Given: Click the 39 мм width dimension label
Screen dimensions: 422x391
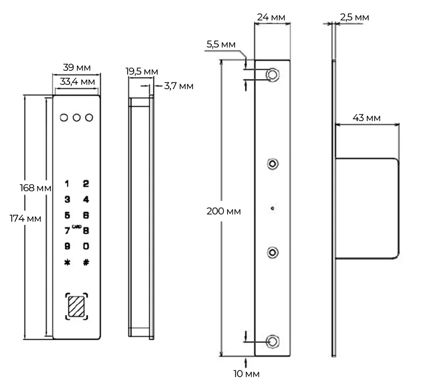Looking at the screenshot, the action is pos(76,67).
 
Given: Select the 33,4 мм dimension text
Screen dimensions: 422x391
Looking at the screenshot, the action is pos(77,81).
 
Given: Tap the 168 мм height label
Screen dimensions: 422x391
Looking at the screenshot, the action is pos(35,188).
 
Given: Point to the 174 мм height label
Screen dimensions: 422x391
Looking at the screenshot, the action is pos(26,219).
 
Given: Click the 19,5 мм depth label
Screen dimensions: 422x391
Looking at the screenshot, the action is pos(142,72).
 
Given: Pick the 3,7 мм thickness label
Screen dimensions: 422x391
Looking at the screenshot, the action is pos(179,86).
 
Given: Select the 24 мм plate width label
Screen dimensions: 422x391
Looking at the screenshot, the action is pos(271,17).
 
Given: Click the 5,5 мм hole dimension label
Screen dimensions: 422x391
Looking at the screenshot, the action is pos(221,45).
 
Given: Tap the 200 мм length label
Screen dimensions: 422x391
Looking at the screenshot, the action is pos(224,211).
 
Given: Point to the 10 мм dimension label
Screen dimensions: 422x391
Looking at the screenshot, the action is pos(246,374).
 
